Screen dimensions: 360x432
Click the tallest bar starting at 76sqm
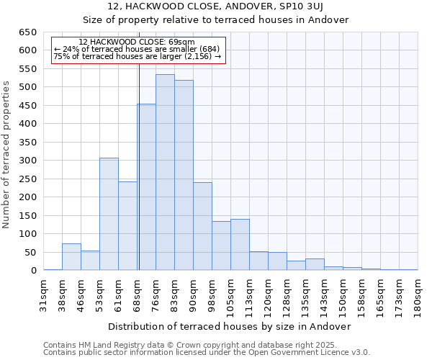[165, 173]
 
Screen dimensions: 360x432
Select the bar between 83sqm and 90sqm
[184, 176]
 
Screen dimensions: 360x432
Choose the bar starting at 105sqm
[240, 245]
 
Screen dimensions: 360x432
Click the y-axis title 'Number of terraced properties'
[6, 155]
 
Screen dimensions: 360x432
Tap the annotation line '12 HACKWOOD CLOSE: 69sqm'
[137, 42]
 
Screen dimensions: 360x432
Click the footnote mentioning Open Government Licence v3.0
[207, 352]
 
